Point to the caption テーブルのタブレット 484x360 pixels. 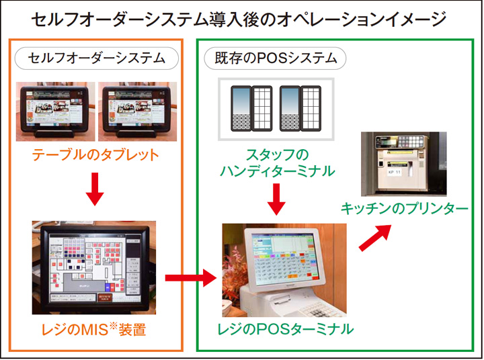point(96,155)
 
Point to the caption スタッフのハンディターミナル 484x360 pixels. point(276,164)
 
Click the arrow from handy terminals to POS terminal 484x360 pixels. point(276,199)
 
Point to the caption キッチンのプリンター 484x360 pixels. point(404,209)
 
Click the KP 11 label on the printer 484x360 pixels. point(395,173)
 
